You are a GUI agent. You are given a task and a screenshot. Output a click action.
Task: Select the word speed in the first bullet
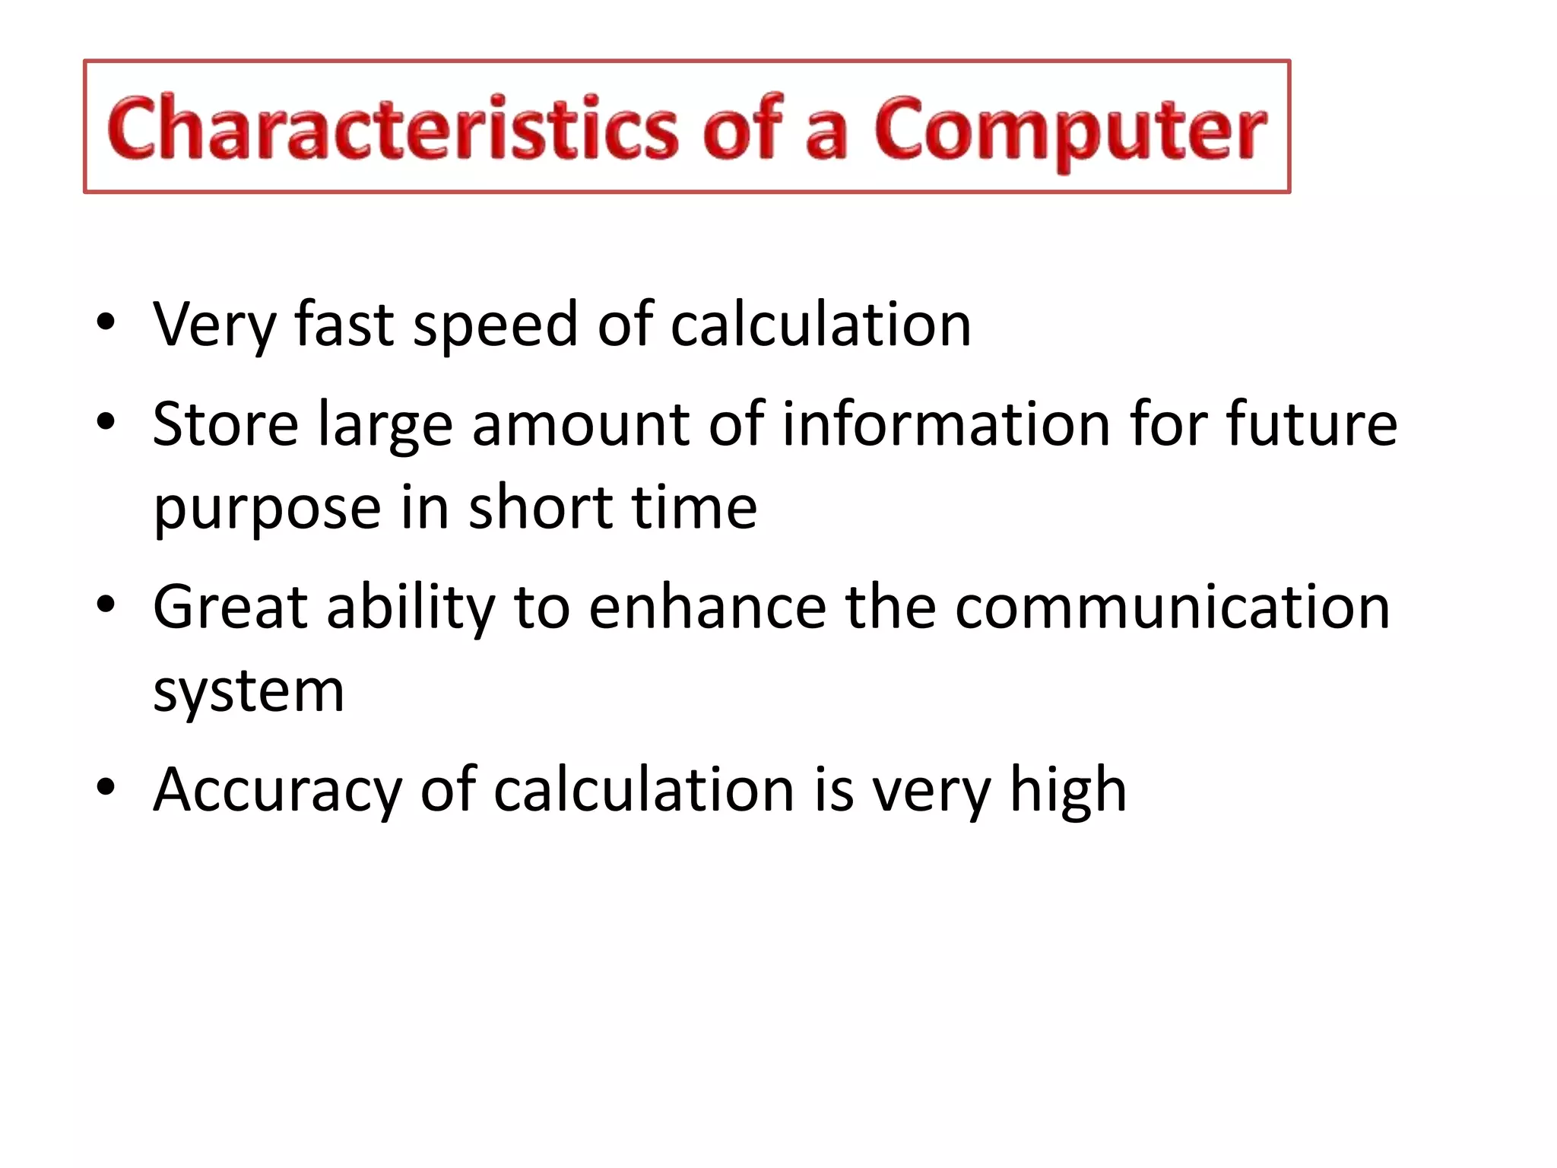[x=495, y=325]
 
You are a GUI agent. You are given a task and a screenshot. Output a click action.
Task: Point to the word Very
[x=214, y=325]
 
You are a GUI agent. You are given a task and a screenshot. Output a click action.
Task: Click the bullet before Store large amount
[x=106, y=421]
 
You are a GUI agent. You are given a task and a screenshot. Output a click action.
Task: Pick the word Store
[x=226, y=424]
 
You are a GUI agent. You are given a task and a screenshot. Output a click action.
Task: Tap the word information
[x=946, y=424]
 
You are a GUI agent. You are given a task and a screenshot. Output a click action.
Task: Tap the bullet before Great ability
[x=106, y=604]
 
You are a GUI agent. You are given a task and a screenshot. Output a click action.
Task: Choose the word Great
[x=230, y=607]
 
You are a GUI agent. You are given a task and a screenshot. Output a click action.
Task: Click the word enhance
[x=707, y=607]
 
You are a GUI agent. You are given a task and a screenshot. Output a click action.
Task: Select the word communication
[x=1172, y=607]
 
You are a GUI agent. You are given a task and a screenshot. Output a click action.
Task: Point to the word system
[x=249, y=692]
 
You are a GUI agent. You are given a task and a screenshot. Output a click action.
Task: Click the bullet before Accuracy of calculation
[x=106, y=786]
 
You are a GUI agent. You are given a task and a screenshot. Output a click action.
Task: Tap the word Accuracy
[x=277, y=791]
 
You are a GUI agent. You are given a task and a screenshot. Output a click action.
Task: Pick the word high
[x=1067, y=791]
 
